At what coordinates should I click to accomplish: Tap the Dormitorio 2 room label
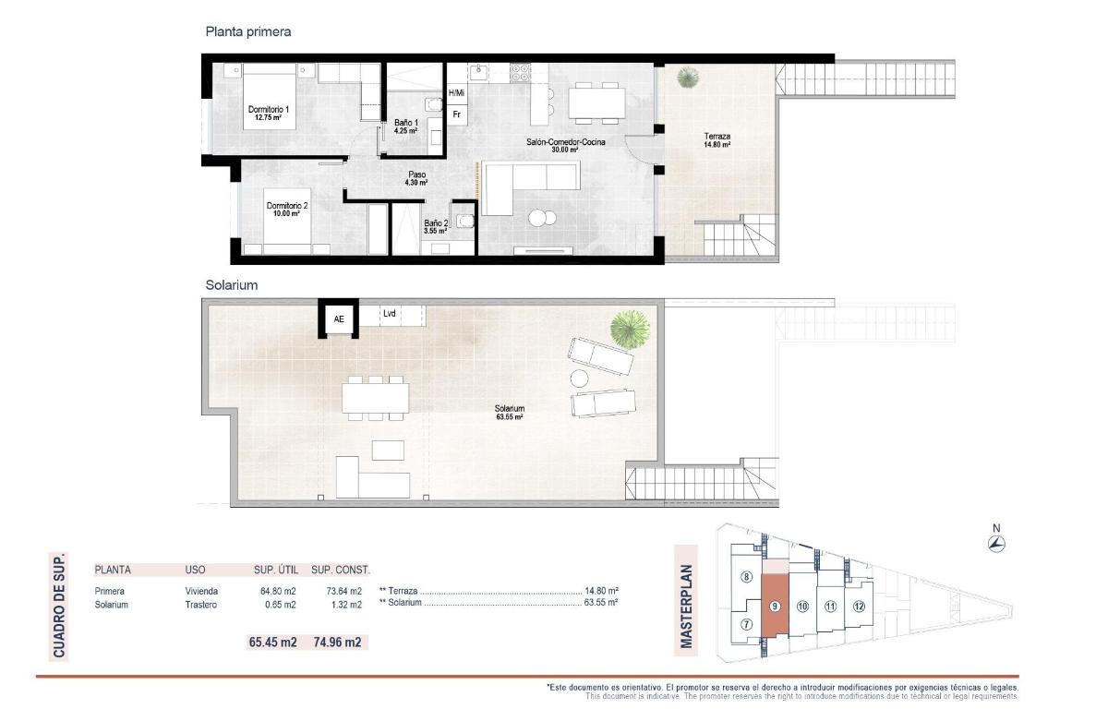point(286,209)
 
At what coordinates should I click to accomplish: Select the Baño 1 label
point(406,126)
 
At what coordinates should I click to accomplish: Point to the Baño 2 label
point(436,226)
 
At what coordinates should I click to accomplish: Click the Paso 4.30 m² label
point(416,178)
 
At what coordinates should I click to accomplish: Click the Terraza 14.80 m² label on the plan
point(717,140)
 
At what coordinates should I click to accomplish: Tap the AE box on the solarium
point(339,319)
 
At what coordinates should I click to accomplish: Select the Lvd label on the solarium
point(389,314)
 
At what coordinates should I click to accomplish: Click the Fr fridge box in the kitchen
point(456,114)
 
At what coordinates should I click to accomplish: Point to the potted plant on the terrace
point(687,79)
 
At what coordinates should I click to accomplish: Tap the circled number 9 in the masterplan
point(775,607)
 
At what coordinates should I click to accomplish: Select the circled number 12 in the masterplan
point(859,607)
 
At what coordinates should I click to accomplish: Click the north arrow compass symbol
point(996,544)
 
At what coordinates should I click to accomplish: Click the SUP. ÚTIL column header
point(274,571)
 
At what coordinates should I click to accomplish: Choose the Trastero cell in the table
point(201,605)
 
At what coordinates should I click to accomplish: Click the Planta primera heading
point(247,31)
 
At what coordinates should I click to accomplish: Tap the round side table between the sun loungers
point(580,378)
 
